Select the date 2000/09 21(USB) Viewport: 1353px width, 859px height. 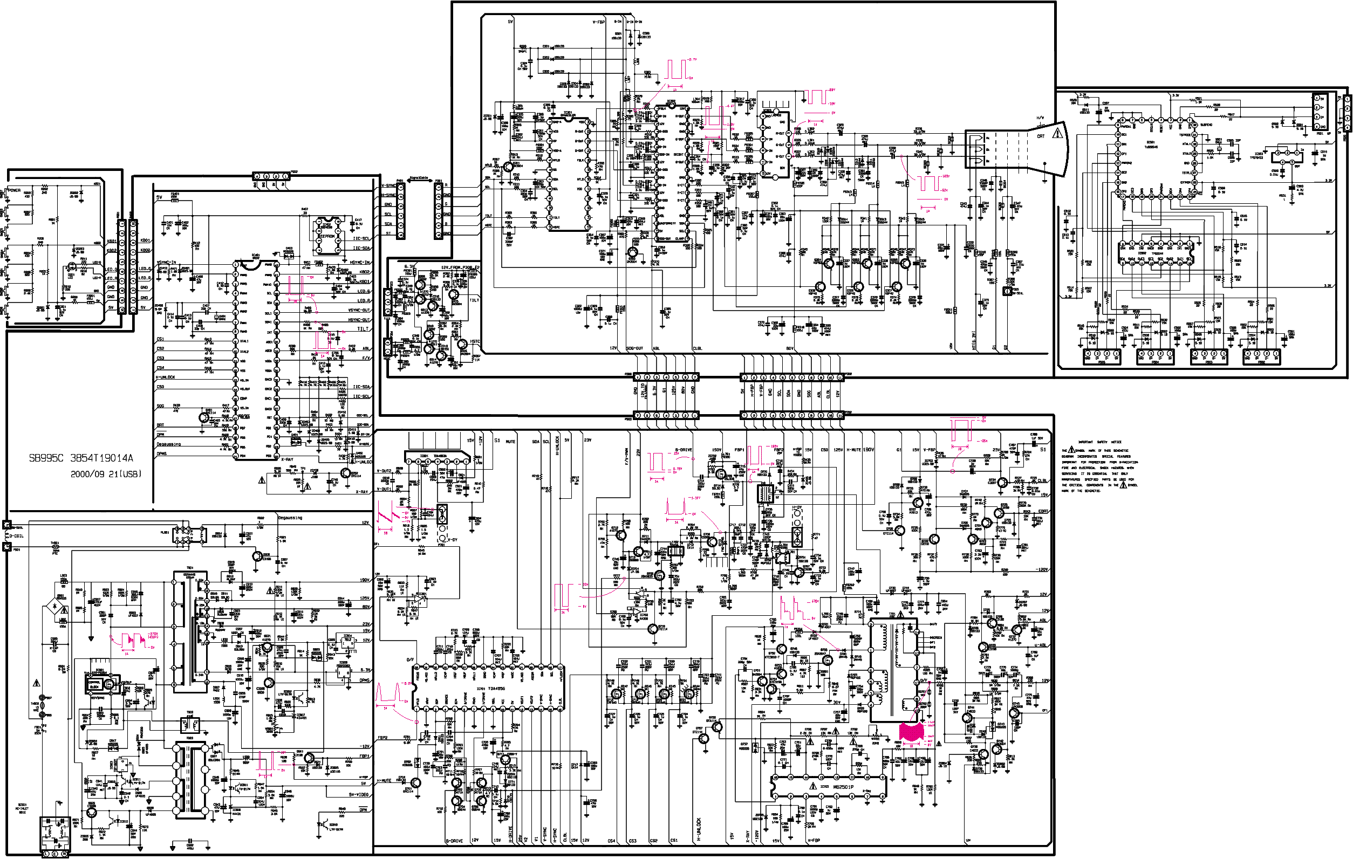[x=106, y=474]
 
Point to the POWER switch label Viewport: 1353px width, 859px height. [x=14, y=190]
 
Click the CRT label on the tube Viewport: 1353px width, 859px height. [x=1041, y=136]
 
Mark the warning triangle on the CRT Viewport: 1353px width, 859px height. [x=1057, y=134]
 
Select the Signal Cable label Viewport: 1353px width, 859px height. [x=419, y=178]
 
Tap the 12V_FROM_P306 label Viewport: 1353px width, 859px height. [x=457, y=267]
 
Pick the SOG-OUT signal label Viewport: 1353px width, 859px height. [x=634, y=348]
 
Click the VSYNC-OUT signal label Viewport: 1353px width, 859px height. [x=358, y=310]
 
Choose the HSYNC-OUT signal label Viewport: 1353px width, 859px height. [x=358, y=320]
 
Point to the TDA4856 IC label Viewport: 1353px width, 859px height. [x=495, y=688]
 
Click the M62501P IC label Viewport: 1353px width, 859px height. [x=843, y=787]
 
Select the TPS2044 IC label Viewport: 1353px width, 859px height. [x=1158, y=253]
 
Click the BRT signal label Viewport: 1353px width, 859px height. [x=160, y=425]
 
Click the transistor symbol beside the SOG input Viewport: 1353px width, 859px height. [x=204, y=417]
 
